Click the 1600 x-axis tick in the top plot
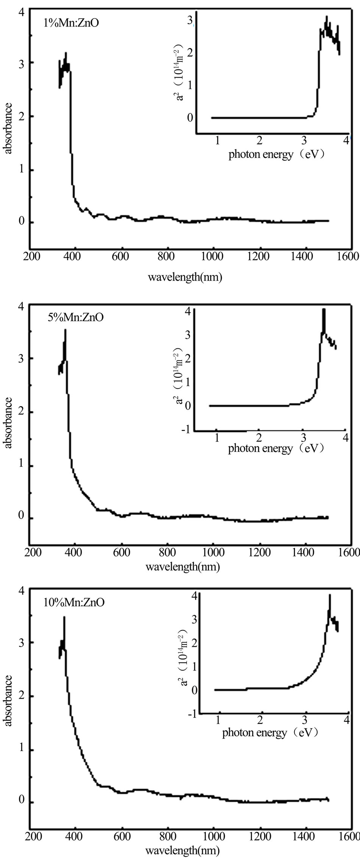coord(349,256)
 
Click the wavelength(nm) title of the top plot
coord(184,277)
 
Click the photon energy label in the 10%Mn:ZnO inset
coord(270,733)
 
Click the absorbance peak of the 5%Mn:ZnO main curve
coord(65,330)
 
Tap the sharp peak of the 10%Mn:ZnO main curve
coord(64,618)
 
